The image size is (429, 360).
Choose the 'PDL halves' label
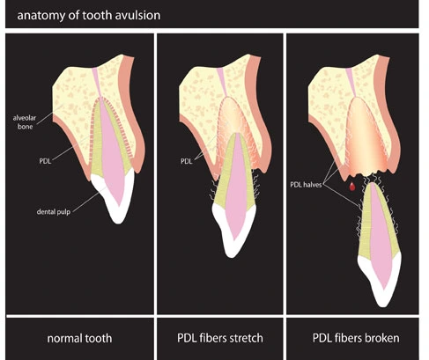pyautogui.click(x=307, y=185)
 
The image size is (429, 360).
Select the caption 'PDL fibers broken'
pyautogui.click(x=356, y=338)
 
